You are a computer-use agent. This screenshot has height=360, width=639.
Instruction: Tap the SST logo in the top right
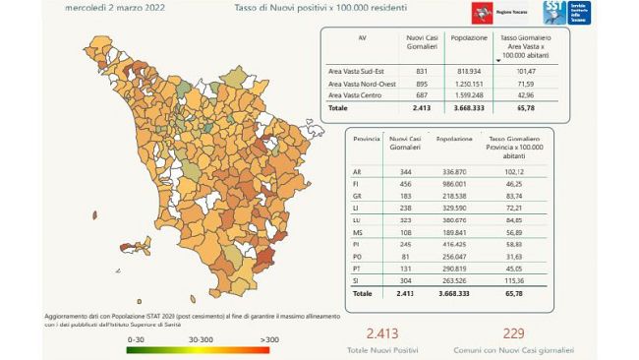(567, 13)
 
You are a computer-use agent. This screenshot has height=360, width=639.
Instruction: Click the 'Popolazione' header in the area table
(469, 38)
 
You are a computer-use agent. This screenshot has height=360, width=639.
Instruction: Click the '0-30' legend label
(137, 337)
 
